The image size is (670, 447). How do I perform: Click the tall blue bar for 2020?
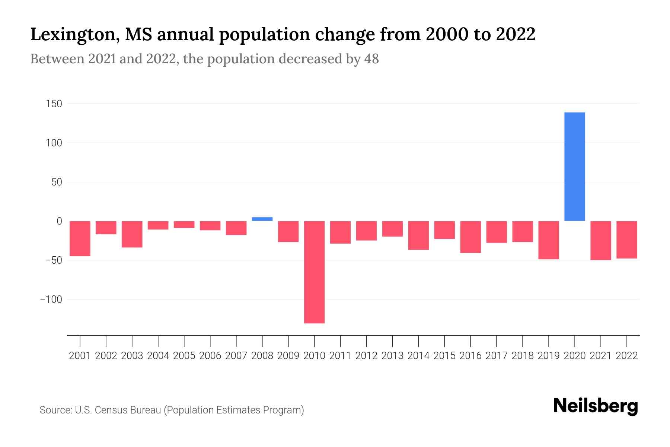574,167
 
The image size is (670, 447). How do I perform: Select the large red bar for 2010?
314,272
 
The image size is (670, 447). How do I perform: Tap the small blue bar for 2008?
262,219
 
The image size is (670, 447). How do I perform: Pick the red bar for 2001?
80,238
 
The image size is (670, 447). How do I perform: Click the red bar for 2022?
626,240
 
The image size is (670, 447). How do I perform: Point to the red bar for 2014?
418,235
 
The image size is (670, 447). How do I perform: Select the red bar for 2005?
184,224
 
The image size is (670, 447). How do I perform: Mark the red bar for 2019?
548,240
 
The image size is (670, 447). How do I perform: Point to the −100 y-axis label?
51,299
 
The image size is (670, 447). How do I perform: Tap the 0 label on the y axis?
59,221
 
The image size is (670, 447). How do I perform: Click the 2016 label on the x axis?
470,356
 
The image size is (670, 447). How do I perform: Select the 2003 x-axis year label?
132,356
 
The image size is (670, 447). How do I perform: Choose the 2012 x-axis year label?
366,356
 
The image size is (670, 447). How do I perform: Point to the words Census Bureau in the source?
128,410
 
